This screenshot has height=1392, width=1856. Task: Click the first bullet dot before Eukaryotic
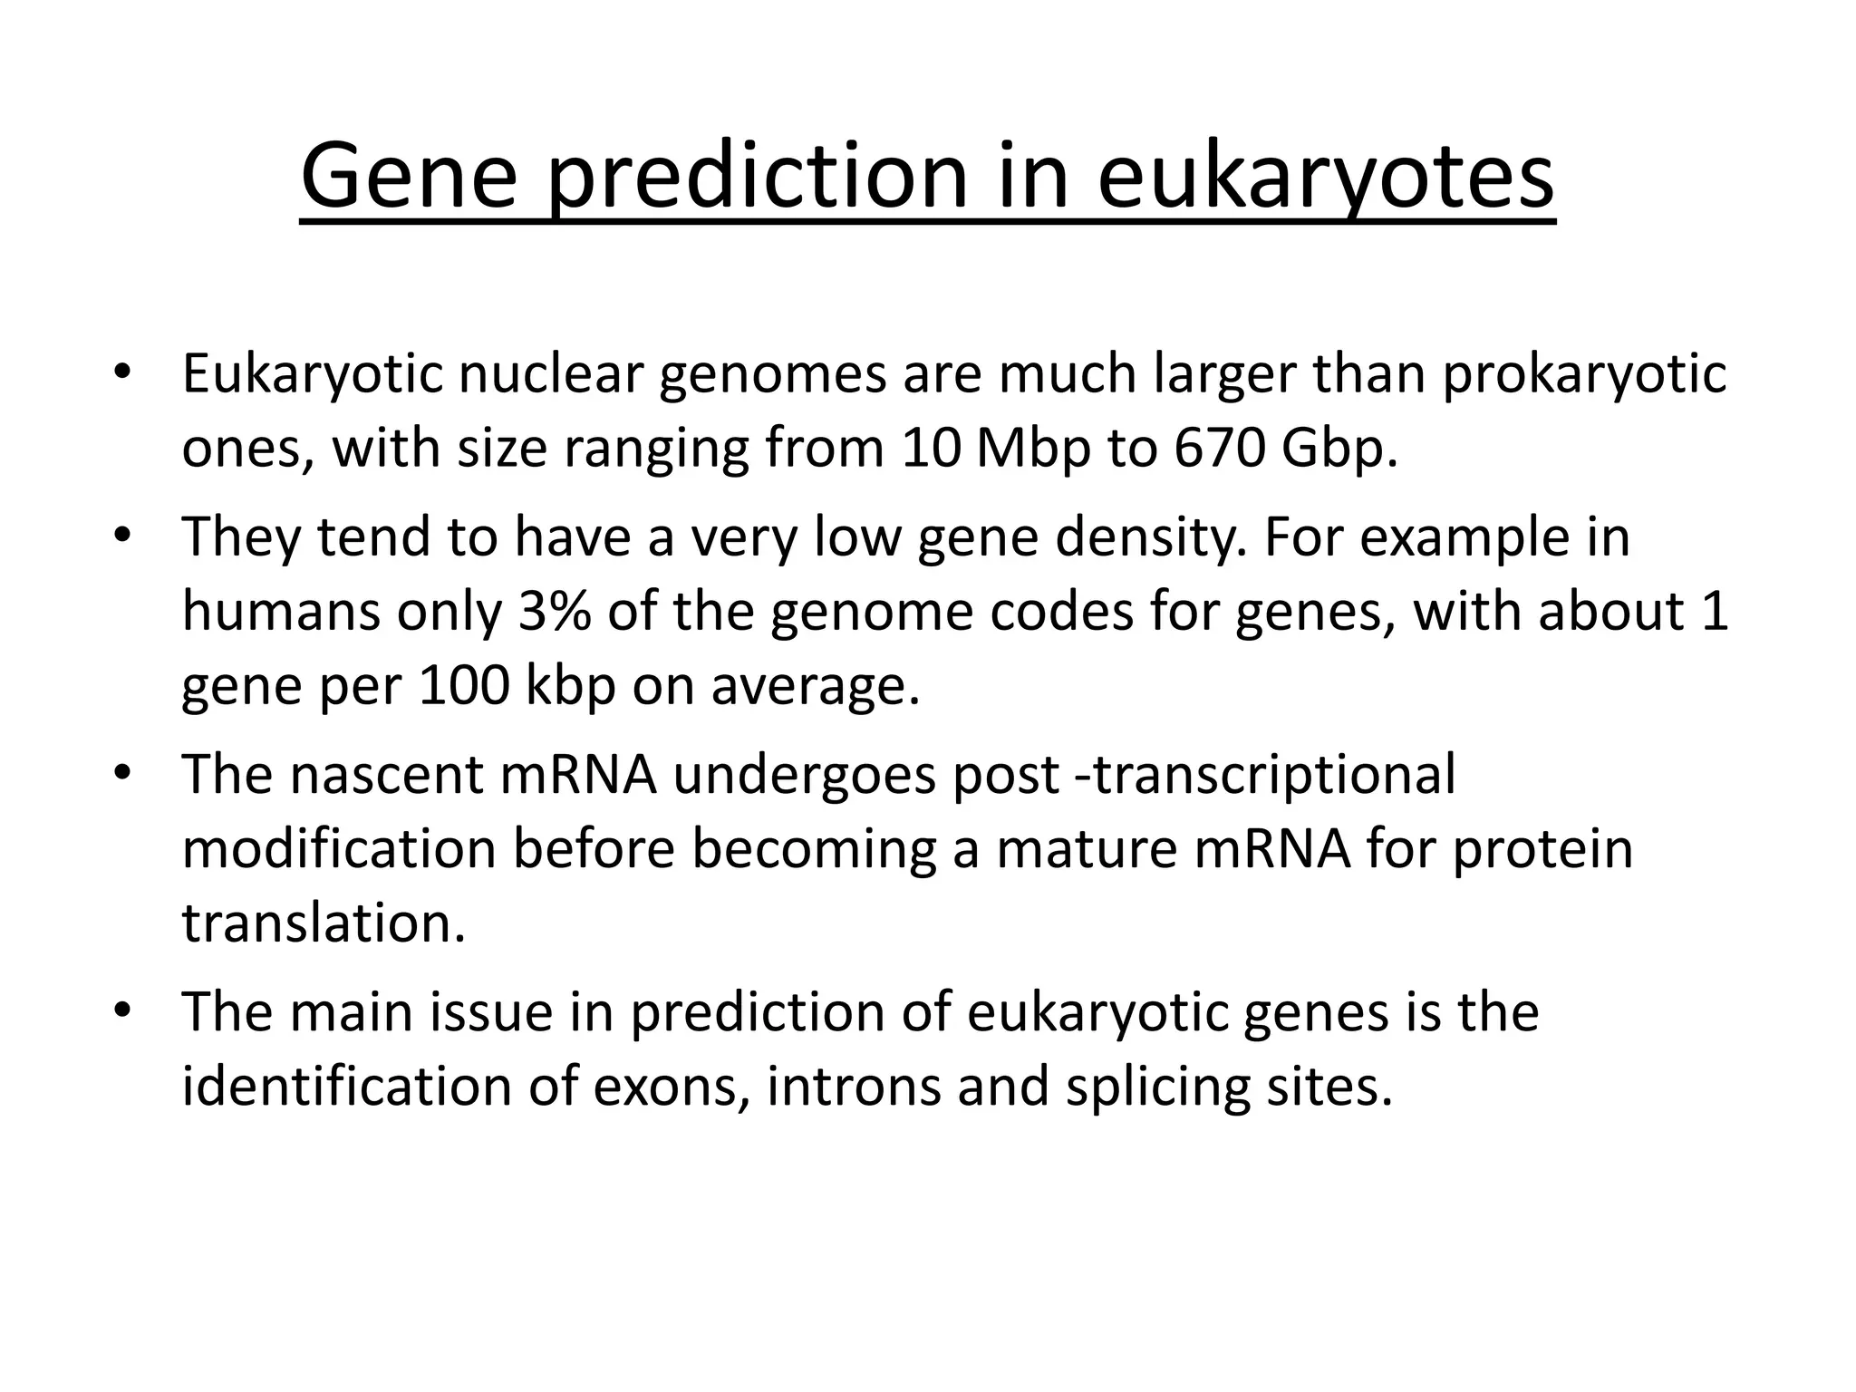[123, 372]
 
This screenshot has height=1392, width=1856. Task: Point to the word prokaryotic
[1584, 373]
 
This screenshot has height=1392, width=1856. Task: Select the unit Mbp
[1032, 448]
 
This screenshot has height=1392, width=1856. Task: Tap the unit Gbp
[1339, 448]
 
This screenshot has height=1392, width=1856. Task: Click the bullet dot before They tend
[123, 535]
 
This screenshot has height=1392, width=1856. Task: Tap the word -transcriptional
[1264, 774]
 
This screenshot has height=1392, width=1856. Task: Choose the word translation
[324, 923]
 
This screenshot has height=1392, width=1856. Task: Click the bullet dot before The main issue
[123, 1010]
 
